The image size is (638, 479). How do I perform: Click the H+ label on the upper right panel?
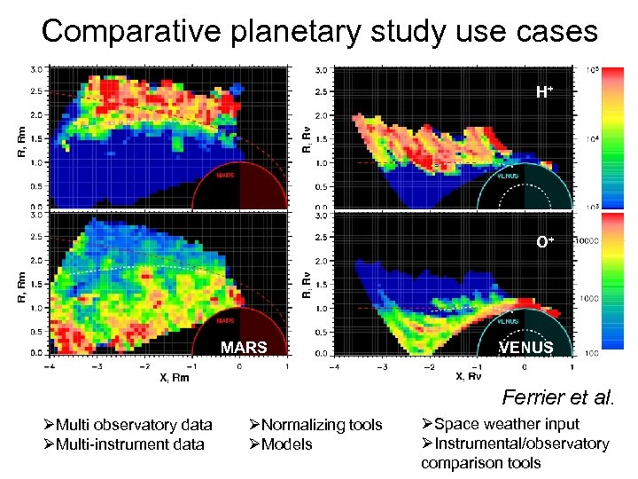[544, 91]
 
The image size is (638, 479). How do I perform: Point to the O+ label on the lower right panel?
[544, 241]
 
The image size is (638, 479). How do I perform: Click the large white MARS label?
[244, 347]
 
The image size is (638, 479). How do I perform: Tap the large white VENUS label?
[526, 347]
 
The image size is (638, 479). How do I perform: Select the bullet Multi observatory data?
[133, 425]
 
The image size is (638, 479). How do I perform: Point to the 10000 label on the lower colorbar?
[589, 241]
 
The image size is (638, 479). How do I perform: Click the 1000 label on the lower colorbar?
[588, 299]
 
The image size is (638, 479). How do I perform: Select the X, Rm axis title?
[175, 377]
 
